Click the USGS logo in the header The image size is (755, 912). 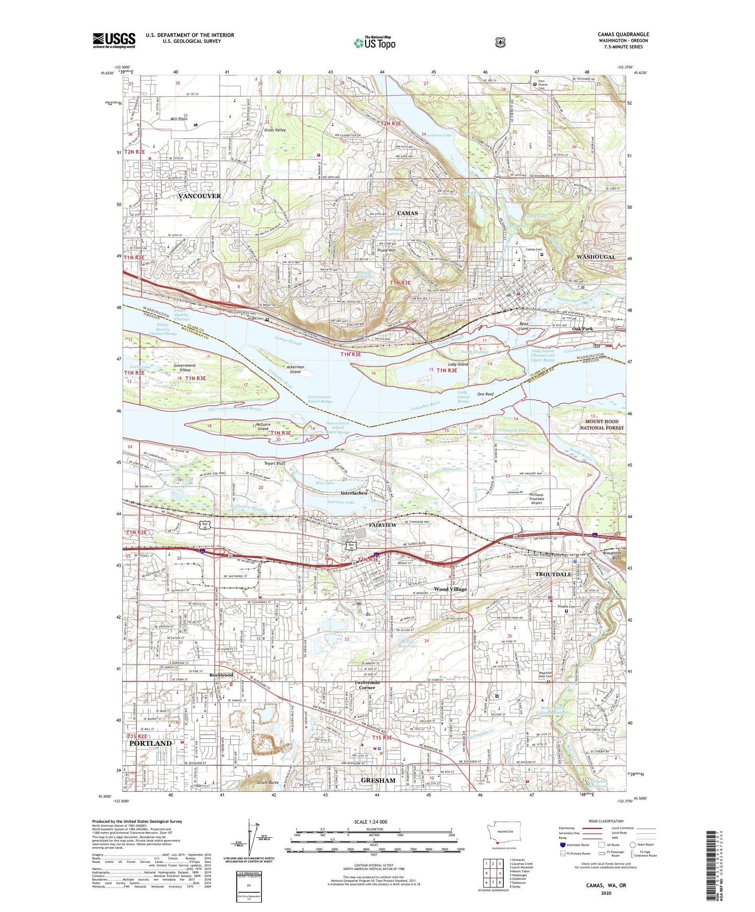click(x=114, y=40)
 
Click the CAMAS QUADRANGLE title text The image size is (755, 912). click(x=623, y=34)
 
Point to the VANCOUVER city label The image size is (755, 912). click(x=200, y=196)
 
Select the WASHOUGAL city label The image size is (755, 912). click(x=596, y=257)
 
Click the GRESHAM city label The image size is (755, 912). click(x=378, y=780)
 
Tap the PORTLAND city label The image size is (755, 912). click(x=150, y=743)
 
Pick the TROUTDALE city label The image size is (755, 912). click(x=553, y=574)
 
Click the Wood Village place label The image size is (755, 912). click(x=450, y=589)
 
